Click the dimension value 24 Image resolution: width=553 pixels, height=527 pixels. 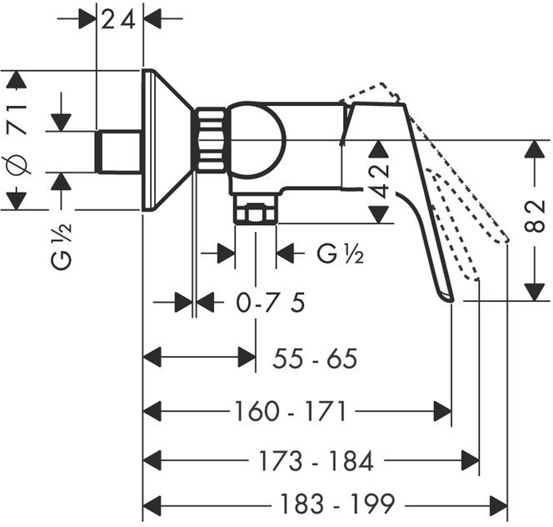118,20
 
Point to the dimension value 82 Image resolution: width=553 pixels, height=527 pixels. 535,216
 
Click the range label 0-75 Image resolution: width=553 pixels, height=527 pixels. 270,303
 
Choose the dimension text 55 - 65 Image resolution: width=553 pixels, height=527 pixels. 315,359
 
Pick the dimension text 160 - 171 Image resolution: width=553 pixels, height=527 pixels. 291,411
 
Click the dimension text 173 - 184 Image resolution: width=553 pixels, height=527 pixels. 316,461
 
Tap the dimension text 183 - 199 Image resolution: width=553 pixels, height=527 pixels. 337,504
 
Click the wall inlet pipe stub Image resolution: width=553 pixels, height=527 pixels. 119,152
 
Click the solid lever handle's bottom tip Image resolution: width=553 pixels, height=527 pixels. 451,300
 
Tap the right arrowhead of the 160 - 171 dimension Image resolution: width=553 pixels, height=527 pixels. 442,411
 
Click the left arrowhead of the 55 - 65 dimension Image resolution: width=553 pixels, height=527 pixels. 152,357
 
